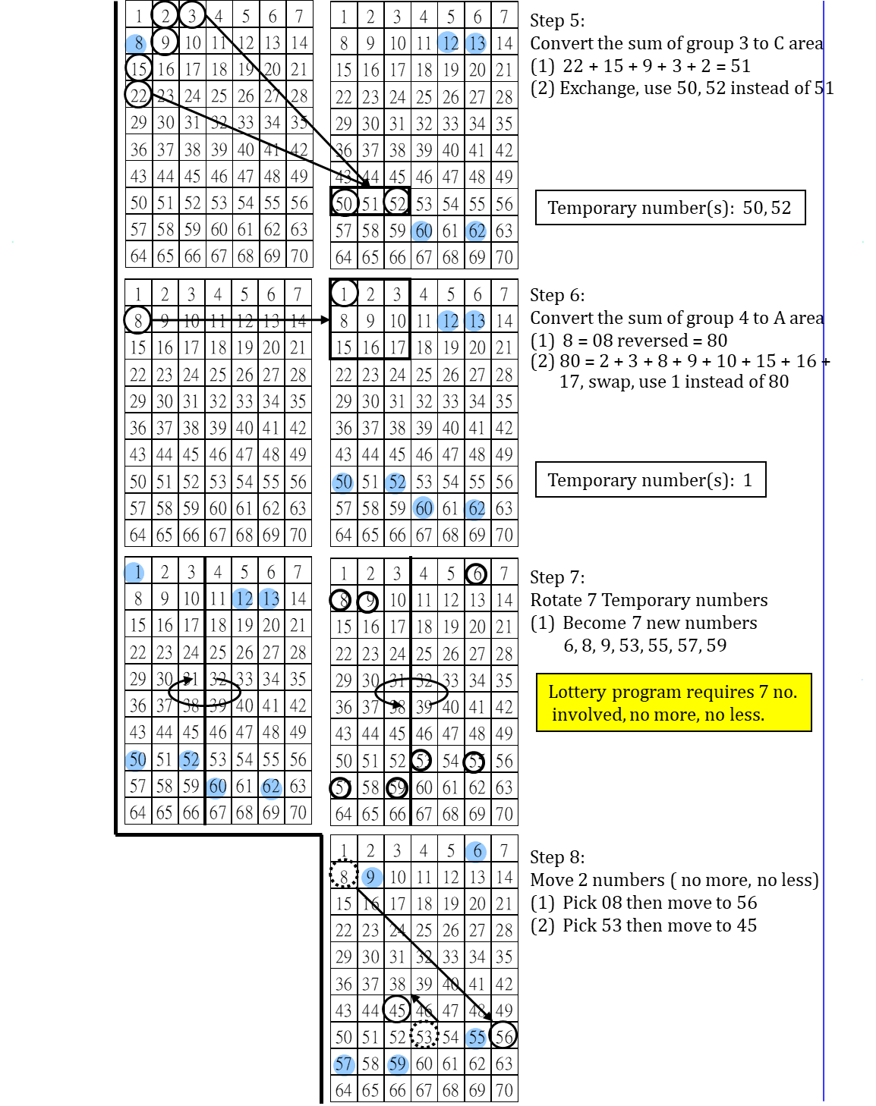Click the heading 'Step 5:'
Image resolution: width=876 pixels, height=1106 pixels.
[x=557, y=20]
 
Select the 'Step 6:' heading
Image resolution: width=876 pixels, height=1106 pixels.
[x=557, y=295]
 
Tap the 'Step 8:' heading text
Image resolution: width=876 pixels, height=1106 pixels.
[x=557, y=857]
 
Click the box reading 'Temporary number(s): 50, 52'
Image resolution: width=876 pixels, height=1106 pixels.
[x=670, y=208]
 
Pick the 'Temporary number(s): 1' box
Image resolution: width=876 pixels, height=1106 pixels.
[x=650, y=480]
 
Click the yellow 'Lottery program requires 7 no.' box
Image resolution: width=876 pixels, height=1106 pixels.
[x=673, y=702]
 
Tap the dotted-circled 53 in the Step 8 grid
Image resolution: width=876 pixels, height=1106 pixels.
[x=424, y=1037]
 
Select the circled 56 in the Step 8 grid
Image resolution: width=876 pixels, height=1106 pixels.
[x=503, y=1035]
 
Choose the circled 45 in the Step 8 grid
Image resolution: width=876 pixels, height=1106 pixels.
[x=397, y=1010]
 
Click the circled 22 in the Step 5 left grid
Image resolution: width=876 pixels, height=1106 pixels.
[x=138, y=96]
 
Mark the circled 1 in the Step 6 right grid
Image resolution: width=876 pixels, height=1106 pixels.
[x=344, y=294]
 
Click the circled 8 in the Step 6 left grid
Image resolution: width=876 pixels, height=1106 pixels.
[x=137, y=320]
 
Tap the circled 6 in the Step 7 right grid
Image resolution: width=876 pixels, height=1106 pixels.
[x=477, y=574]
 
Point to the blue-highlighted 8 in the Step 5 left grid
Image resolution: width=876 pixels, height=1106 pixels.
[x=137, y=43]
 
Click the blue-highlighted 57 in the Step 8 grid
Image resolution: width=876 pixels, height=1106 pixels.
[x=343, y=1064]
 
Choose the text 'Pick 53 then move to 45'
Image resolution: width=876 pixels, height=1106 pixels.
[x=659, y=925]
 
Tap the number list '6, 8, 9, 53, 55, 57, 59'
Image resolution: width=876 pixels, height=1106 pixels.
[x=644, y=646]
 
